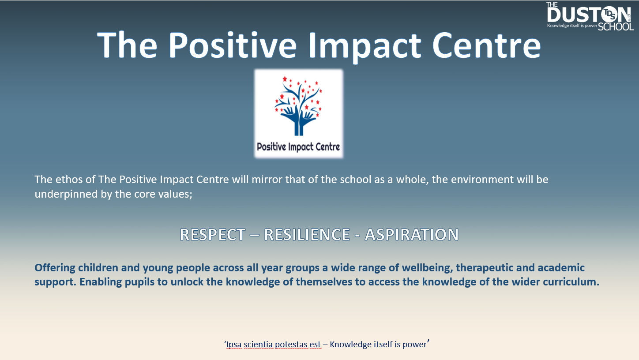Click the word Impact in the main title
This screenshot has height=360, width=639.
pyautogui.click(x=364, y=45)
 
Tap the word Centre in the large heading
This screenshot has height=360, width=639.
pyautogui.click(x=487, y=45)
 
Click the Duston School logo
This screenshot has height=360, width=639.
pyautogui.click(x=590, y=16)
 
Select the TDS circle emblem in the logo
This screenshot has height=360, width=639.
pyautogui.click(x=611, y=14)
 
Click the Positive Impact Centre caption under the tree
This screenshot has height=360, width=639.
pyautogui.click(x=298, y=147)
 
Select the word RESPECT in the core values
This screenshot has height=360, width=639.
pyautogui.click(x=212, y=235)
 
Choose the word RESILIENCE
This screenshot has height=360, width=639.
pyautogui.click(x=307, y=235)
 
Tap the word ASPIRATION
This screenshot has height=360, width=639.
pyautogui.click(x=412, y=235)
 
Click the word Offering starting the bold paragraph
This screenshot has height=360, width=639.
pyautogui.click(x=55, y=268)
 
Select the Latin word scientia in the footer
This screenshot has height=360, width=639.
pyautogui.click(x=258, y=344)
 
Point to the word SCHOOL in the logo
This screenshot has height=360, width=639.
pyautogui.click(x=616, y=26)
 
